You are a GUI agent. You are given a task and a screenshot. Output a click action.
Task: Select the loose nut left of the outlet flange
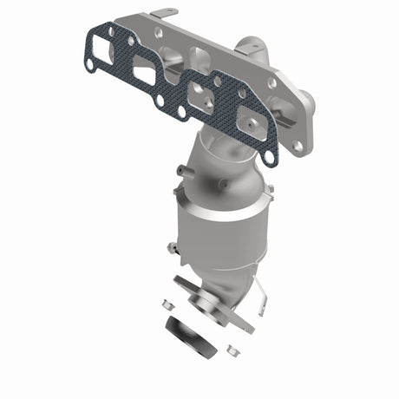point(166,304)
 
